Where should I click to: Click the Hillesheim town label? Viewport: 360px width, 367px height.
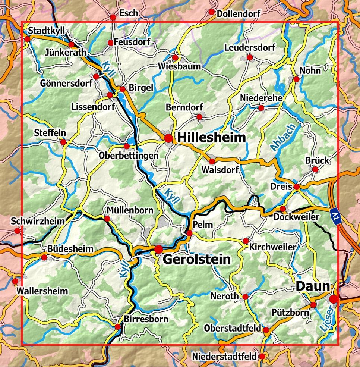211,138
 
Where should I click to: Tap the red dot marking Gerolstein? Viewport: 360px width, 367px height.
159,249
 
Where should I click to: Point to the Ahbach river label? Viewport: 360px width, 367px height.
282,138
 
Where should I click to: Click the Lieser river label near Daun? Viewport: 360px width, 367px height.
326,319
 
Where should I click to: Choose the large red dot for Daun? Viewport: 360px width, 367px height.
334,298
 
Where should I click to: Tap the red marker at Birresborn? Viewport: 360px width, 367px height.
118,327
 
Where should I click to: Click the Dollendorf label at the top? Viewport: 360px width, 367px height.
239,14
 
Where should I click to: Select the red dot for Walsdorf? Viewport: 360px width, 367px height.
212,161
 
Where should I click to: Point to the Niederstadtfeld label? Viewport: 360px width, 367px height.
224,357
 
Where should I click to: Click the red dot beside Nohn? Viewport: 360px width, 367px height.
296,79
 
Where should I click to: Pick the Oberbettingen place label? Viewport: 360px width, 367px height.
129,156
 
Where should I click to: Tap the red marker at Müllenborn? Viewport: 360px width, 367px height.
107,219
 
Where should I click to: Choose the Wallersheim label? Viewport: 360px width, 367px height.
42,291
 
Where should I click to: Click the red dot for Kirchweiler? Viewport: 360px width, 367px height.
246,241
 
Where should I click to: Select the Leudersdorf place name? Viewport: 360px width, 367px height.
250,48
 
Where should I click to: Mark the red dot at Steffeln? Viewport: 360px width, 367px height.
63,142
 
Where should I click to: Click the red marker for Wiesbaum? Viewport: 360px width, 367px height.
175,58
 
